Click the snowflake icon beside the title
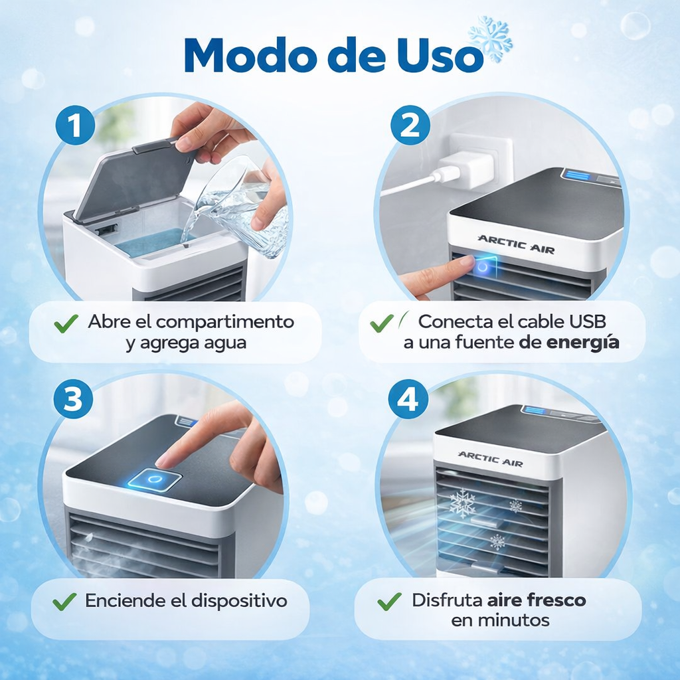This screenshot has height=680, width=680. pyautogui.click(x=490, y=39)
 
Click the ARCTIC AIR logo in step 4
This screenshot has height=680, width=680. pyautogui.click(x=490, y=458)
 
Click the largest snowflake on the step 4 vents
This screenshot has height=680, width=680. pyautogui.click(x=462, y=503)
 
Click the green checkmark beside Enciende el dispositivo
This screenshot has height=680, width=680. pyautogui.click(x=64, y=602)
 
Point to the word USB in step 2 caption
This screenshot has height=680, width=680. pyautogui.click(x=588, y=322)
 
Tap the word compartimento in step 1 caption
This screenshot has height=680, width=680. pyautogui.click(x=225, y=322)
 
